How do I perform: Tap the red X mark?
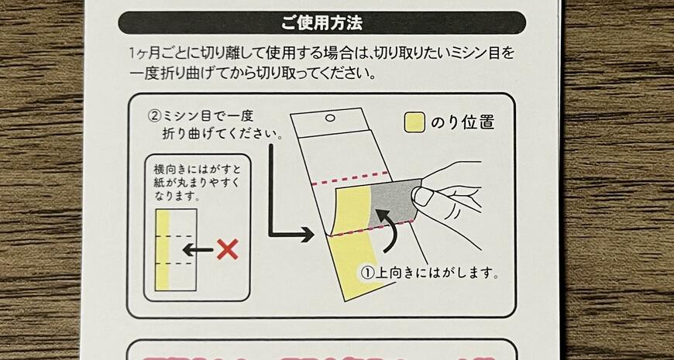[226, 249]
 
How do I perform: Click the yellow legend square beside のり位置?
[415, 122]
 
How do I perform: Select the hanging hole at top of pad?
[330, 119]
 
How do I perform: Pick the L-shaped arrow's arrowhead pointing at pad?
[307, 233]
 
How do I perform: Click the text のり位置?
[463, 122]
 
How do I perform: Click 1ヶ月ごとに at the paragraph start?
[163, 55]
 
